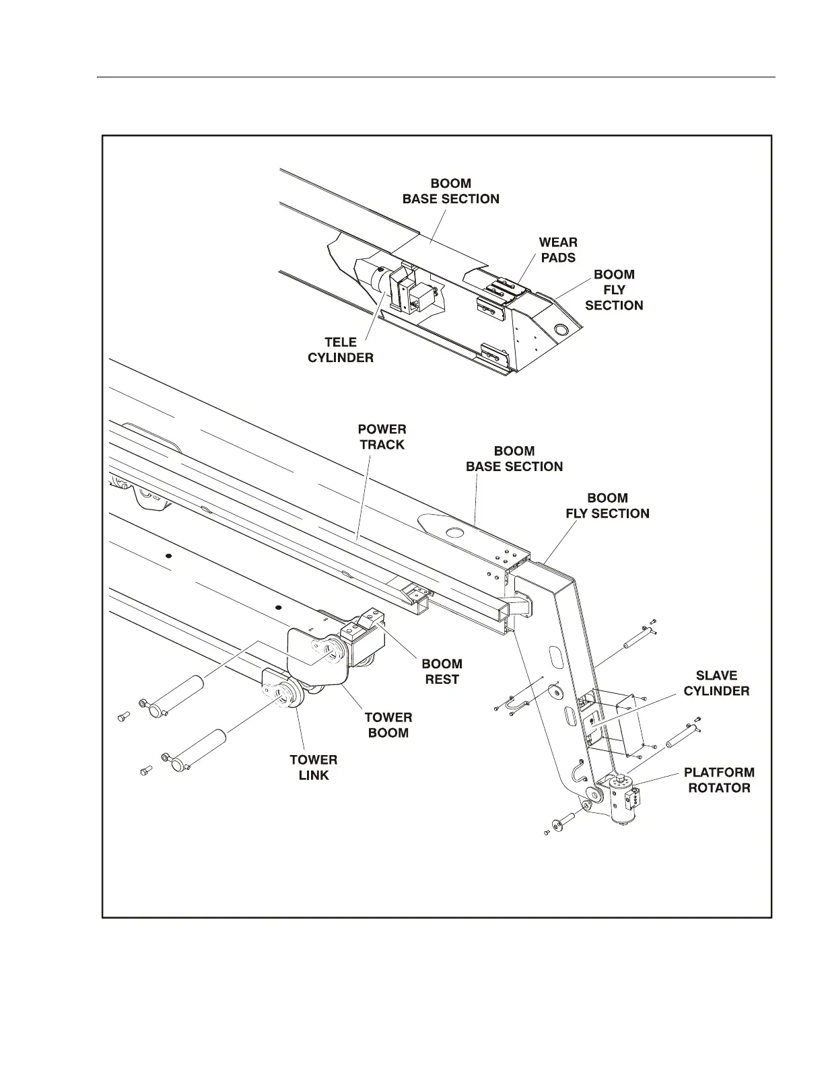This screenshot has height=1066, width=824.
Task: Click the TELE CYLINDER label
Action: click(x=340, y=350)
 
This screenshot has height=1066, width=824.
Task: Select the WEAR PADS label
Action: click(x=558, y=250)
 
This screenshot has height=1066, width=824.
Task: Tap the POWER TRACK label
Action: click(x=382, y=437)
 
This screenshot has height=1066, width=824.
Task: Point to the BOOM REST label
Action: click(x=442, y=672)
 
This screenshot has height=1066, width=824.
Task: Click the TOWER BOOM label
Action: click(x=388, y=725)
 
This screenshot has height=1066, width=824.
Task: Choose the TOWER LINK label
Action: click(x=314, y=767)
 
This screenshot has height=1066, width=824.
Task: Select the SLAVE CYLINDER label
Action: click(x=716, y=683)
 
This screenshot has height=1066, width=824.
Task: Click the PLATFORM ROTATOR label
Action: click(x=719, y=780)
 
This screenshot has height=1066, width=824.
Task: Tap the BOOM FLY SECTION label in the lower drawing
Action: click(x=607, y=506)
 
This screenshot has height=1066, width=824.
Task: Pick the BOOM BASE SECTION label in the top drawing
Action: click(x=450, y=191)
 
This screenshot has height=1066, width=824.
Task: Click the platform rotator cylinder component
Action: click(x=621, y=800)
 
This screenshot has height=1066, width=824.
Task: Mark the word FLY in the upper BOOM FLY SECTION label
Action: click(x=614, y=290)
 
